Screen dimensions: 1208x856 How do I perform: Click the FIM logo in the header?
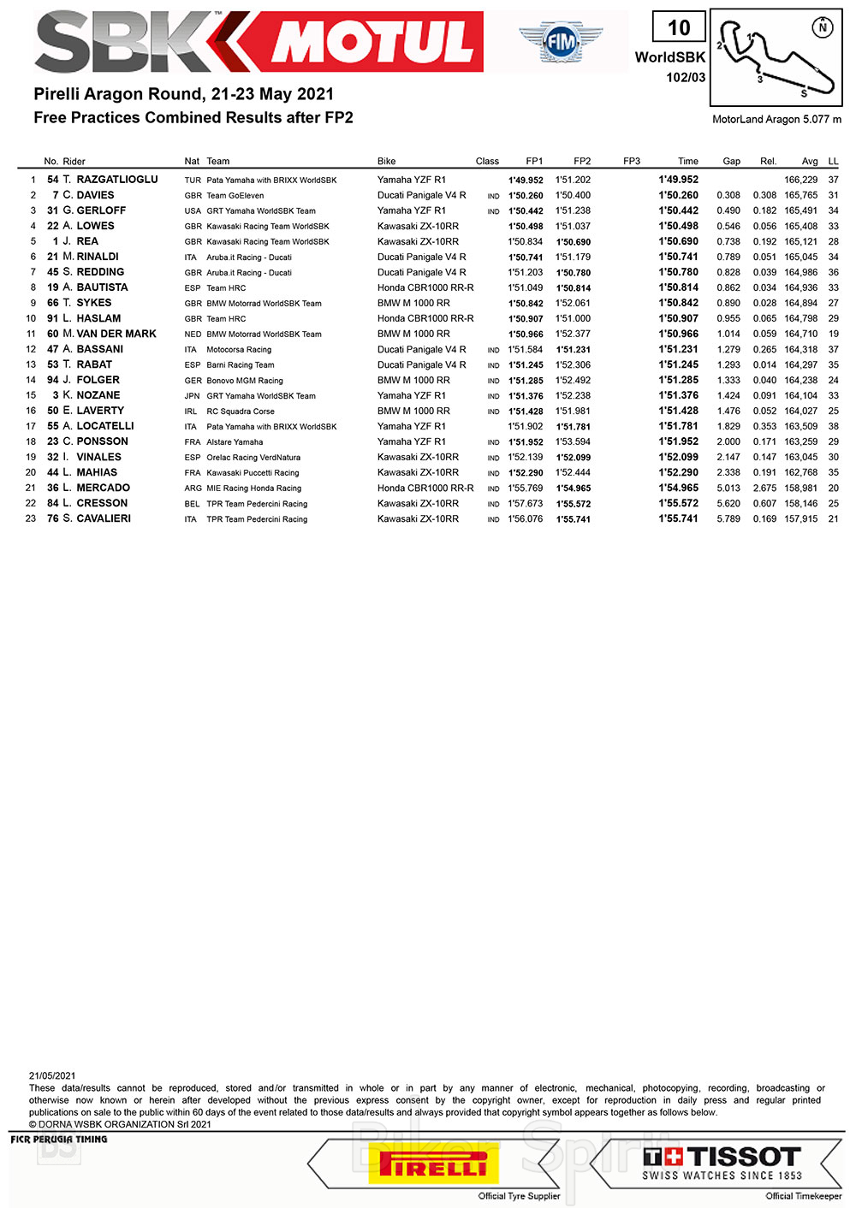pos(561,40)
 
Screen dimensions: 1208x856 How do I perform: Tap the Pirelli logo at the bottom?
pos(433,1164)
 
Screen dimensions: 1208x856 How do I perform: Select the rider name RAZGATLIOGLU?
pos(116,180)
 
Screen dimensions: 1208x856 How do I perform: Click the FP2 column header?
pos(582,161)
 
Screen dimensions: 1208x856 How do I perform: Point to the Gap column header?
pos(731,161)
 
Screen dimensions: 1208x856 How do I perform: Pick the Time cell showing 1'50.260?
pos(678,195)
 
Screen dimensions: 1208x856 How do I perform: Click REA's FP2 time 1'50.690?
pos(573,242)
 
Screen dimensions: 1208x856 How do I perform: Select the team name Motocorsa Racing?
pos(239,350)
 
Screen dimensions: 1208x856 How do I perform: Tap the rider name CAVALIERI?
pos(104,518)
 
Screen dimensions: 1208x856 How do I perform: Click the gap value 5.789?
pos(728,518)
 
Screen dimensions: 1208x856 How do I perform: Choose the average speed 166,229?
pos(800,180)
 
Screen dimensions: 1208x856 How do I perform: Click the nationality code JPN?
pos(193,396)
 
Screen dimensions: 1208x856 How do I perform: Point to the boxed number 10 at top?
pos(679,27)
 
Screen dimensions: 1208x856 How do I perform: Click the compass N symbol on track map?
pos(823,27)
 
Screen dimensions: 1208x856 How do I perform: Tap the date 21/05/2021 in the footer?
pos(52,1076)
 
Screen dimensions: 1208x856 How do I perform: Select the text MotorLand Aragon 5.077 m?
pos(776,120)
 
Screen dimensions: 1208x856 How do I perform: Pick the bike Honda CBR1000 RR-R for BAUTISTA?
pos(425,287)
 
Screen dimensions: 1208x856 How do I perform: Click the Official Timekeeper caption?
pos(803,1196)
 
